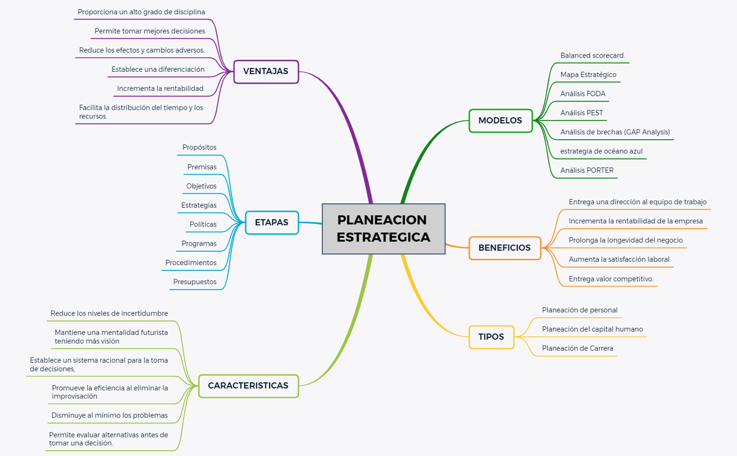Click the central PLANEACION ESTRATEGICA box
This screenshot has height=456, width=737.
(x=384, y=229)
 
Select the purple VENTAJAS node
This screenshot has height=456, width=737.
(x=266, y=72)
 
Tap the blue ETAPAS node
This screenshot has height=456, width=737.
(x=272, y=222)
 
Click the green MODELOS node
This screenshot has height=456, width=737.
(x=500, y=121)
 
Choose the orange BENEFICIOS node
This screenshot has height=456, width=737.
(x=504, y=248)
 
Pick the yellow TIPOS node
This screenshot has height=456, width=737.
(x=491, y=337)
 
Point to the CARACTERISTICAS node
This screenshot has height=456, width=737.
(x=248, y=386)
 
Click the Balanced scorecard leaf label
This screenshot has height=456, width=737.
(x=592, y=56)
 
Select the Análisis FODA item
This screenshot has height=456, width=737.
(x=582, y=94)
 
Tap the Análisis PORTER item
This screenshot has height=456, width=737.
(x=587, y=170)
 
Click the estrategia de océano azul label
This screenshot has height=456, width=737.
(x=601, y=151)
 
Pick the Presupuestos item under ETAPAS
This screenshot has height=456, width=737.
(x=195, y=282)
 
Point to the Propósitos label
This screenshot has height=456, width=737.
(x=199, y=147)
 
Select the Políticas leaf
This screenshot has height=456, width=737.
(x=203, y=224)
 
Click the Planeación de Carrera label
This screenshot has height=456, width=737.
(x=577, y=348)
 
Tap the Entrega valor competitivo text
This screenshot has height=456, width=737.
(x=611, y=279)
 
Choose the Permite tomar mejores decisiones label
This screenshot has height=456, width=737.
(x=149, y=31)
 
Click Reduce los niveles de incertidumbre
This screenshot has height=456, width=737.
(x=109, y=313)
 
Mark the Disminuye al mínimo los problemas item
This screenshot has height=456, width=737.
(x=110, y=415)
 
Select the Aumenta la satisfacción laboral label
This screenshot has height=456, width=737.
(x=619, y=259)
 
